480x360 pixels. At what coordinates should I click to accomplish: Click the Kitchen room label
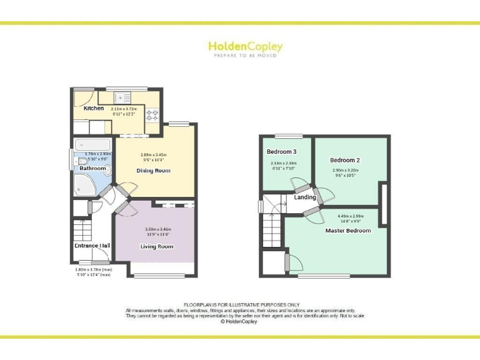(x=94, y=108)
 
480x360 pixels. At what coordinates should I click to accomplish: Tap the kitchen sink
(x=122, y=97)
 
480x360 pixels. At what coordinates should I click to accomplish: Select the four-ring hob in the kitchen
(x=152, y=114)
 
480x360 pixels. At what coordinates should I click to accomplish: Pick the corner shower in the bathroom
(x=83, y=183)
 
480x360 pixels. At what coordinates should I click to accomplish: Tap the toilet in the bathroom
(x=83, y=161)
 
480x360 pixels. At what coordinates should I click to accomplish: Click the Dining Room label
(x=153, y=171)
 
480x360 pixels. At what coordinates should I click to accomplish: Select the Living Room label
(x=156, y=246)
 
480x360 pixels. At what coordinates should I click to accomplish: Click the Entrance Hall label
(x=92, y=246)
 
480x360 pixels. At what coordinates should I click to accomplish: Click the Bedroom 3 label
(x=281, y=152)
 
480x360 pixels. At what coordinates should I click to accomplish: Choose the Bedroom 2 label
(x=345, y=160)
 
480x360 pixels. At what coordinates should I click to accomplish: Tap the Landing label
(x=304, y=197)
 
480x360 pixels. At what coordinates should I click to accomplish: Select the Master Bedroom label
(x=348, y=231)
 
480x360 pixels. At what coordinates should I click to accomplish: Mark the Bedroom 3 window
(x=289, y=136)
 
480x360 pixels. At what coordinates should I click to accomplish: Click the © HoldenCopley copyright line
(x=241, y=322)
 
